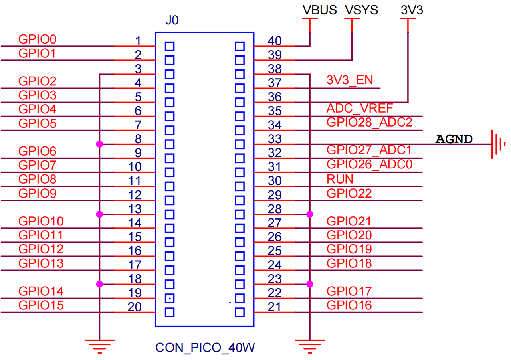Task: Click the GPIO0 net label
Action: [38, 39]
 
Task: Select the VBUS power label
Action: [320, 10]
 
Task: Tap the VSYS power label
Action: [361, 10]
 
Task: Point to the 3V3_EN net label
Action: [350, 80]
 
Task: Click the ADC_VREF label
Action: [360, 109]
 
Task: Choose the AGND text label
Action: [454, 139]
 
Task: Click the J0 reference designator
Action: [172, 20]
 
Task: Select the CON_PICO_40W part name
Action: [205, 348]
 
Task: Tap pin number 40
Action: [275, 41]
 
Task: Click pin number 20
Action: [135, 307]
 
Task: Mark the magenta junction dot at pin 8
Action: [99, 144]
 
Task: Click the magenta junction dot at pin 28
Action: [309, 214]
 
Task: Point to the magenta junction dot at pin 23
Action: [309, 284]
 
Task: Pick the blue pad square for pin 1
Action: [170, 46]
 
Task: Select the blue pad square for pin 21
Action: [240, 313]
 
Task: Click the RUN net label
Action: [340, 179]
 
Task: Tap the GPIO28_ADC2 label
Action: [369, 123]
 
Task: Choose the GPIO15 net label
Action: [41, 305]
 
